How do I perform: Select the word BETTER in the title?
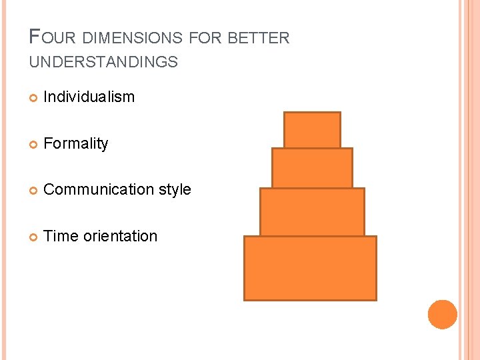[x=259, y=38]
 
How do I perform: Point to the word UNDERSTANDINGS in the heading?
[x=103, y=63]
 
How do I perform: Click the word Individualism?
[x=89, y=97]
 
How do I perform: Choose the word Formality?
[x=75, y=143]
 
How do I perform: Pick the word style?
[x=175, y=190]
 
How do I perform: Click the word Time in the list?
[x=60, y=236]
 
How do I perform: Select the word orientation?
[x=120, y=236]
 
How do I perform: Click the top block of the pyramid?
[x=312, y=129]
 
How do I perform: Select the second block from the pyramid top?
[x=312, y=168]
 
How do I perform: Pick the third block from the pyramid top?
[x=312, y=211]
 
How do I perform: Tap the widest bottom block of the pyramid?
[x=310, y=268]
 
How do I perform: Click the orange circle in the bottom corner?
[x=442, y=314]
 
